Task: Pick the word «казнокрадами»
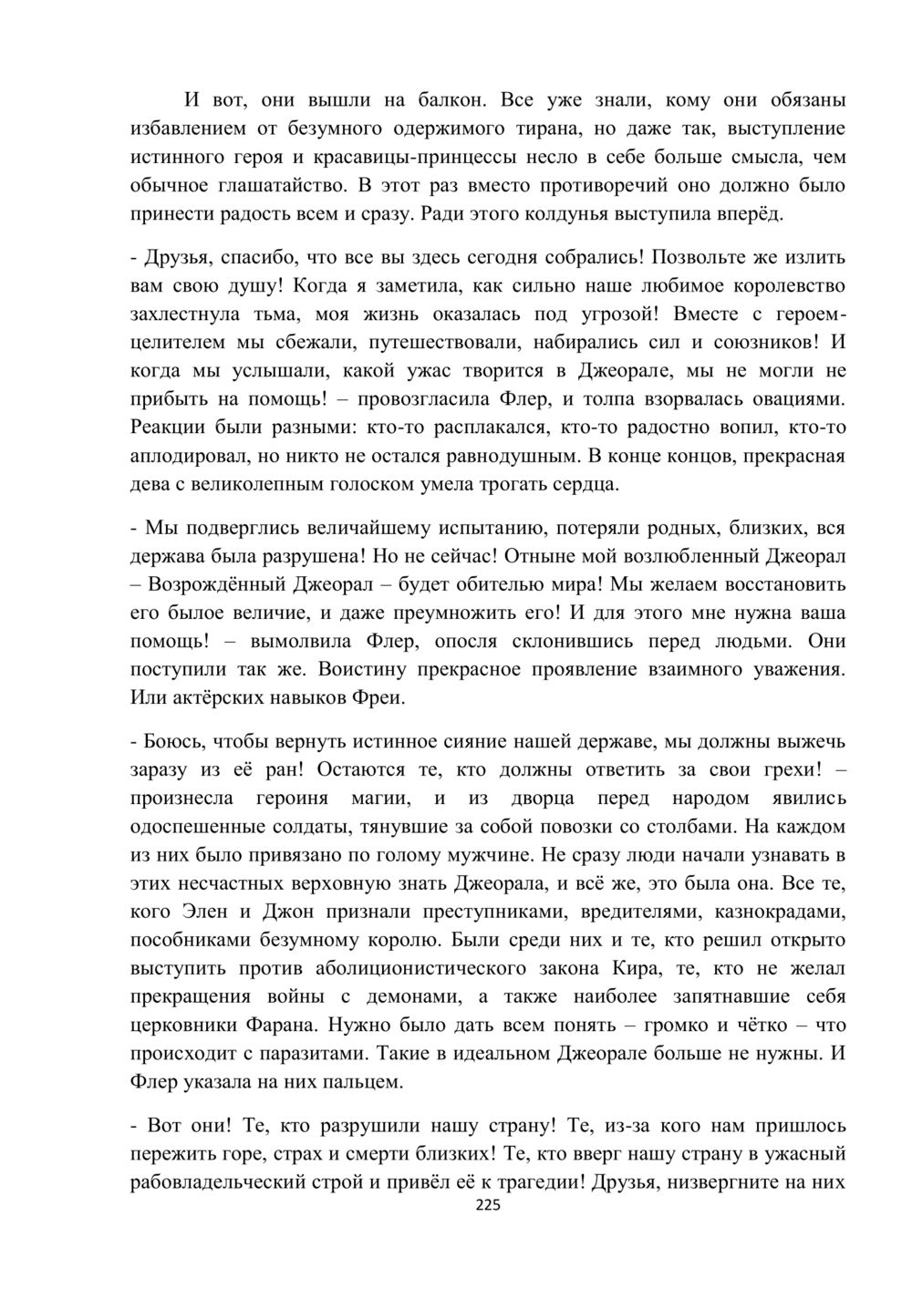[781, 913]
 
